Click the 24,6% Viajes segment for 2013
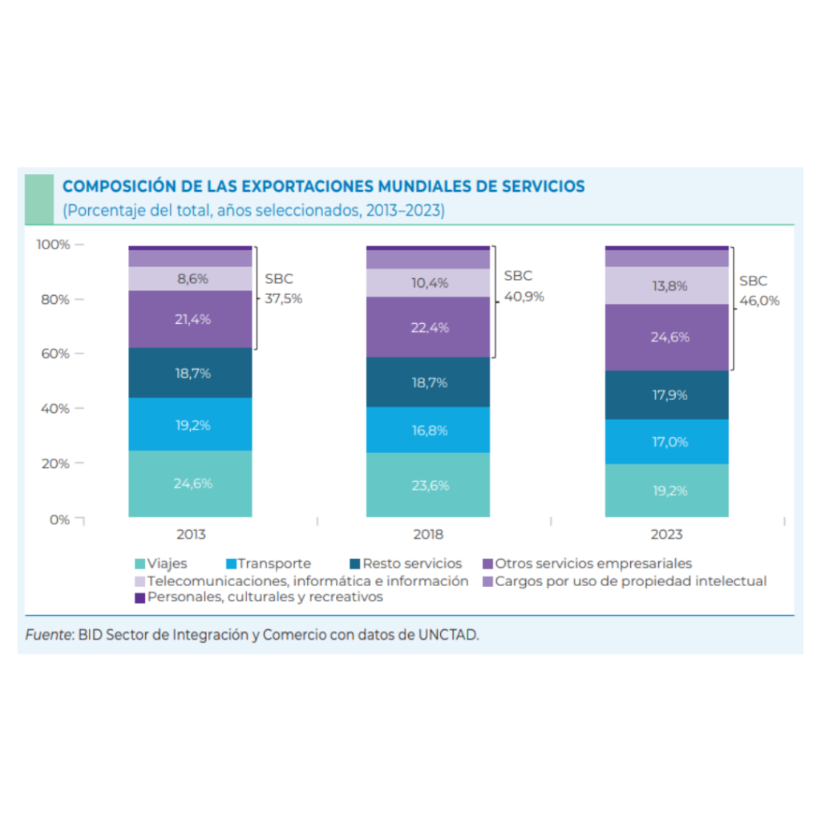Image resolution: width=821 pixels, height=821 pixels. [x=191, y=483]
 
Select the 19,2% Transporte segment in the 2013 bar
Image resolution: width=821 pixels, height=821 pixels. [x=191, y=425]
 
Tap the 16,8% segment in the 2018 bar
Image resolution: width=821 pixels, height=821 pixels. [x=428, y=431]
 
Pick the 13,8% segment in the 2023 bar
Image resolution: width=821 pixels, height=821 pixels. [x=666, y=285]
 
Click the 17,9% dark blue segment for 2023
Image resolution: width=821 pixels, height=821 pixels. [x=666, y=394]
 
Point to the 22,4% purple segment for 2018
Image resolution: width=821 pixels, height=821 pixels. [x=428, y=327]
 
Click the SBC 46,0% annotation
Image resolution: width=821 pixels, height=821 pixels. [x=758, y=291]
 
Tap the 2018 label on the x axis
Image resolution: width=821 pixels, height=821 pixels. [x=428, y=535]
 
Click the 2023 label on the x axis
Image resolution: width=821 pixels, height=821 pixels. [x=666, y=535]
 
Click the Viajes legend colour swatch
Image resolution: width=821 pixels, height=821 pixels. [x=140, y=564]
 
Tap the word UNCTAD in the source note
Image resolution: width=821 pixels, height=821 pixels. [x=450, y=635]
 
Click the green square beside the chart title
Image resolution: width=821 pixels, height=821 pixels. [x=39, y=197]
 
